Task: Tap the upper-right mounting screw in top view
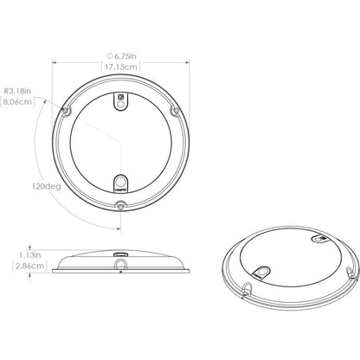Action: (x=175, y=112)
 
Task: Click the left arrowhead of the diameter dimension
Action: (x=54, y=62)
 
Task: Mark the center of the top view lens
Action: (x=122, y=142)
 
